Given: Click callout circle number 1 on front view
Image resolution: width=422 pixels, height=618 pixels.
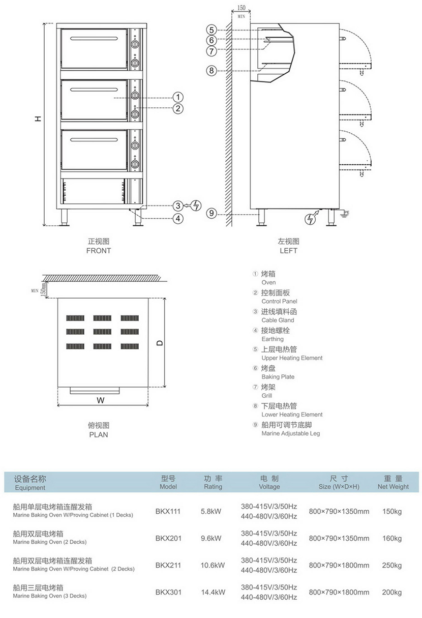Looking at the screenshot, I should click(177, 97).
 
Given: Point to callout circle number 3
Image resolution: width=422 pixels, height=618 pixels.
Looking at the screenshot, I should click(177, 205).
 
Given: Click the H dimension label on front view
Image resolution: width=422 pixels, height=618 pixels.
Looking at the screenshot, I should click(38, 118).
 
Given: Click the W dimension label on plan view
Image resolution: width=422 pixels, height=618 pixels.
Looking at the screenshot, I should click(101, 400).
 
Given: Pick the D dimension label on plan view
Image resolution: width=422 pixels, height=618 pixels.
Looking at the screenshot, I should click(160, 343).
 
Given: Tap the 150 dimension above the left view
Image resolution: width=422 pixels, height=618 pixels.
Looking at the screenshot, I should click(242, 8).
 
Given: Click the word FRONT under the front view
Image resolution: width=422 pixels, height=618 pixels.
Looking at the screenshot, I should click(99, 250).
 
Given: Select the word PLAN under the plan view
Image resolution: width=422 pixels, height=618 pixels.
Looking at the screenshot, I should click(99, 434).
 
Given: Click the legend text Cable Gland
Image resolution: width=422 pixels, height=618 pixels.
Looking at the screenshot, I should click(278, 320).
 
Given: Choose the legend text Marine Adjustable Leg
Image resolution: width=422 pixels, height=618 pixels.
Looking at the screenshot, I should click(290, 433).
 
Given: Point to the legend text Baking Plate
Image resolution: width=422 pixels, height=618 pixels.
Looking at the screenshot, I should click(278, 377).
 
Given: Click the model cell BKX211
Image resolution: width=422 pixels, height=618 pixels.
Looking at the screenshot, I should click(168, 565).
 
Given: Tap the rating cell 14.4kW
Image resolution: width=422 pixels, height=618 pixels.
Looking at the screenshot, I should click(213, 592).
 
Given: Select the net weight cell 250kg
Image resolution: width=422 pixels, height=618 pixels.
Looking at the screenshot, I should click(391, 565).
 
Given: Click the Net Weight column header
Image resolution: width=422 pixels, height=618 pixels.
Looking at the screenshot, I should click(393, 487).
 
